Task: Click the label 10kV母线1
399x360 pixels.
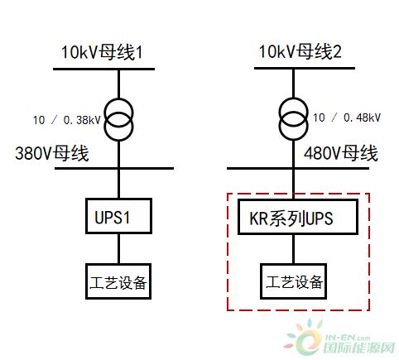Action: pos(102,52)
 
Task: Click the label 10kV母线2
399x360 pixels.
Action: pos(300,51)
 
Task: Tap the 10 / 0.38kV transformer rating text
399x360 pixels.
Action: pos(67,120)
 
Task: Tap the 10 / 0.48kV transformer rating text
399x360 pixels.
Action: pos(347,118)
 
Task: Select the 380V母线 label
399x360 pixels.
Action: pos(52,153)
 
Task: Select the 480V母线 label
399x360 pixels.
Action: pos(341,153)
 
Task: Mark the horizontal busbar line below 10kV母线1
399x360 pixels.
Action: pos(103,69)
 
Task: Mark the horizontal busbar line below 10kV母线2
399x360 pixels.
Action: pos(305,68)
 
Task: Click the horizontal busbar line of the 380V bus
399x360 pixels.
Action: pos(114,168)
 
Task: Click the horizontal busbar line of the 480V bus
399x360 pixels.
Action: pos(298,168)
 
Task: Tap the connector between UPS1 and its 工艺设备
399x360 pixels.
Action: pos(118,249)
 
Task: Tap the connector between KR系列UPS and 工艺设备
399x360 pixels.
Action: pos(293,249)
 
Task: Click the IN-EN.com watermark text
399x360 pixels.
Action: pos(348,338)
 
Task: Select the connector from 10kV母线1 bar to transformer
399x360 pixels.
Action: pos(118,84)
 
